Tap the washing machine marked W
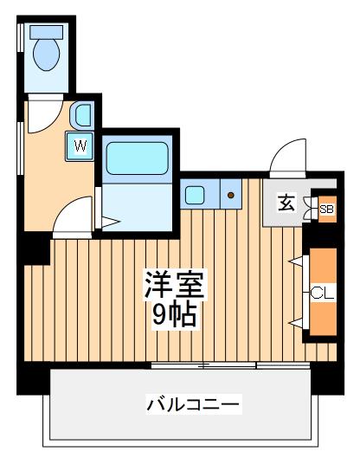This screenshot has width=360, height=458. click(80, 146)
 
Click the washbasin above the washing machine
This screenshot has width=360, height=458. click(81, 114)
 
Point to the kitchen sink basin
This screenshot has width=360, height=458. click(194, 195)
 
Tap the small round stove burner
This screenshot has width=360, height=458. click(231, 195)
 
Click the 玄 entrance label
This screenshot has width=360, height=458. click(285, 204)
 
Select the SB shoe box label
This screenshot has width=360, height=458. click(326, 209)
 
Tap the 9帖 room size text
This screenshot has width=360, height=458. click(175, 314)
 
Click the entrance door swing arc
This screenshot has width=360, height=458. click(285, 158)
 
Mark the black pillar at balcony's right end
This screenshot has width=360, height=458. click(327, 377)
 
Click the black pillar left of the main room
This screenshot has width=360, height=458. click(35, 249)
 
